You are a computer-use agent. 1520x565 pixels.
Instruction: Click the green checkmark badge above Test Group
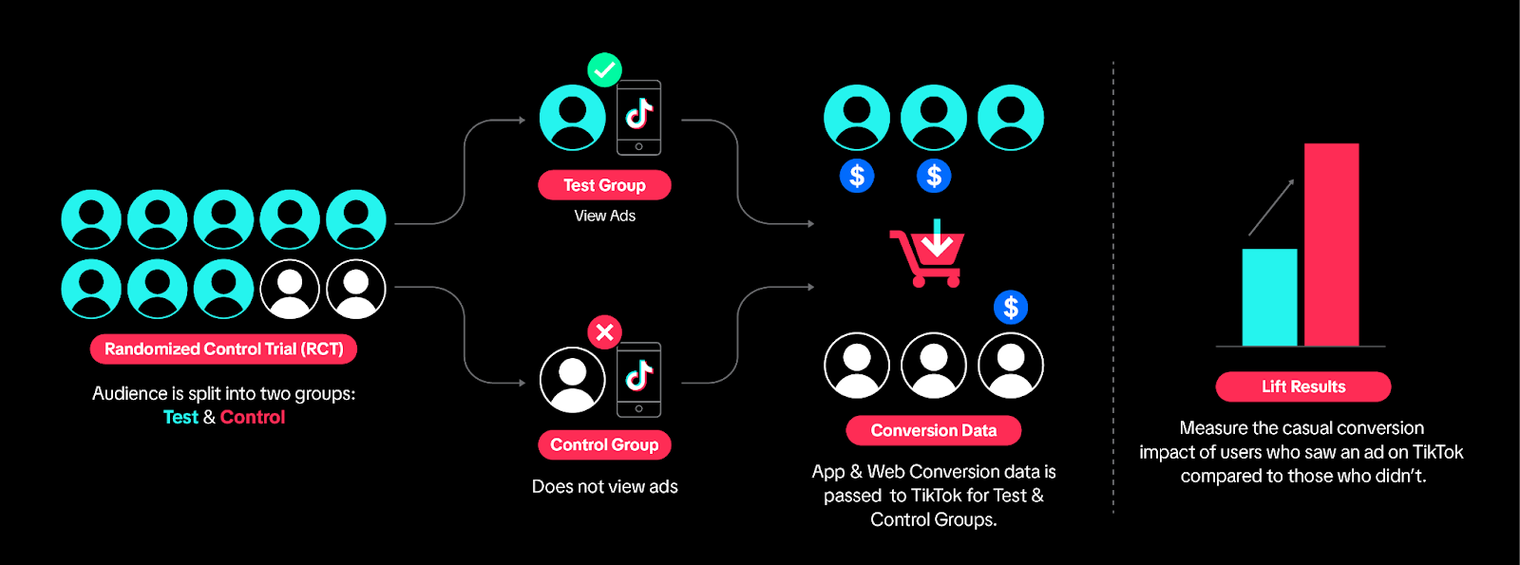coord(604,69)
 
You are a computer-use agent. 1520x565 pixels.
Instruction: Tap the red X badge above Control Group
coord(604,331)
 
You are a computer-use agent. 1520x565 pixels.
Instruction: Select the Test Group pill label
coord(604,185)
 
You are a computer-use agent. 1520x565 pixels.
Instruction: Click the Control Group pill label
coord(604,444)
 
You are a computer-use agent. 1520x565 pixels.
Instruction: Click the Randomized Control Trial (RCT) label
coord(223,348)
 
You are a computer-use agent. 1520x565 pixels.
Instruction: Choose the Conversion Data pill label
coord(933,430)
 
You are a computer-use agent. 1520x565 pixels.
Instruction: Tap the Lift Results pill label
coord(1302,386)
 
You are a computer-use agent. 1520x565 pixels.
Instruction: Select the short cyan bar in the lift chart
coord(1269,296)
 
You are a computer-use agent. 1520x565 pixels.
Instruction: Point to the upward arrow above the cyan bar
coord(1271,206)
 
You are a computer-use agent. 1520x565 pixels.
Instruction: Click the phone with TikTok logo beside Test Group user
coord(638,117)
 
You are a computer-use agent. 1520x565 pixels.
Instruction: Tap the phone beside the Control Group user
coord(638,379)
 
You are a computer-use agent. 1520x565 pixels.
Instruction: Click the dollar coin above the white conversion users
coord(1011,307)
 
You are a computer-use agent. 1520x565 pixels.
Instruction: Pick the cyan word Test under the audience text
coord(180,417)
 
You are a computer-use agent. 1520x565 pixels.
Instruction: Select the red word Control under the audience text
coord(253,417)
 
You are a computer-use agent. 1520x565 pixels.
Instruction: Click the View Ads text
coord(604,216)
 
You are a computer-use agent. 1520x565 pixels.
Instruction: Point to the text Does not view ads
coord(604,486)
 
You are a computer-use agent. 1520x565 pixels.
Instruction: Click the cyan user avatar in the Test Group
coord(572,118)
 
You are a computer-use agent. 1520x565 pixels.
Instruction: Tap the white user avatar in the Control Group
coord(572,379)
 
